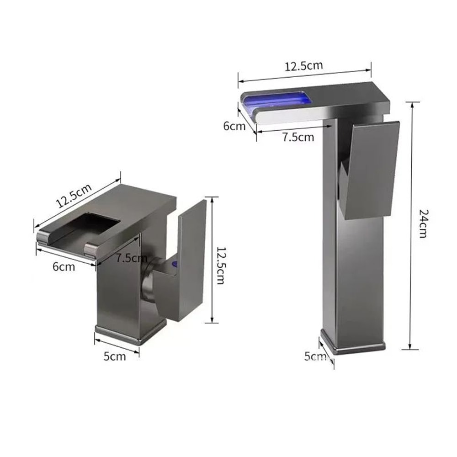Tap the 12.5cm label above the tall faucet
coord(304,65)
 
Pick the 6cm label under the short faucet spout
coord(64,266)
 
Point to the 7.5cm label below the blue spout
coord(298,137)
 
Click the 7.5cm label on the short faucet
coord(131,258)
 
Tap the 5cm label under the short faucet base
coord(114,356)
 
